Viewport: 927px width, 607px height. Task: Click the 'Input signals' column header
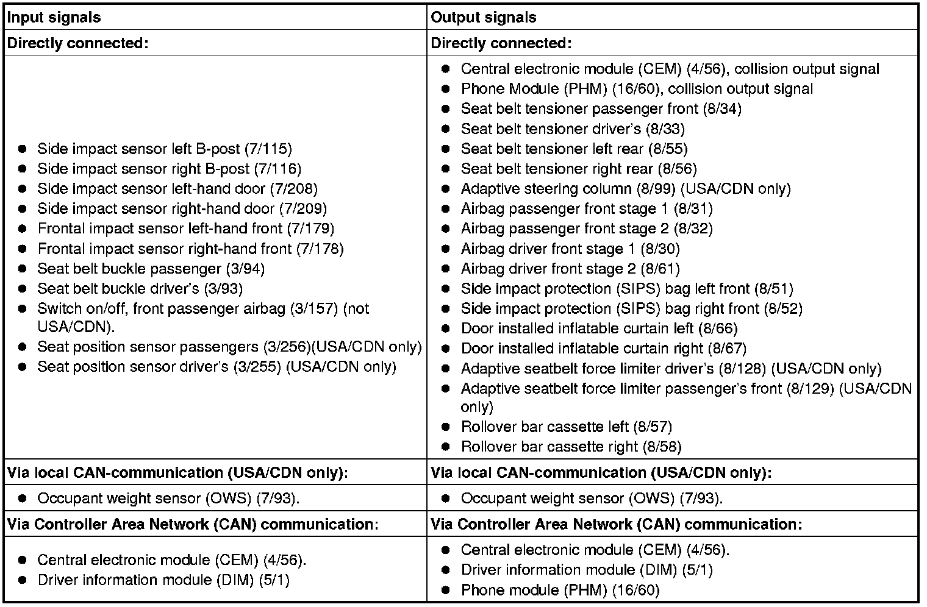click(x=54, y=17)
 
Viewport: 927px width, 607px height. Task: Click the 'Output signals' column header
click(x=484, y=17)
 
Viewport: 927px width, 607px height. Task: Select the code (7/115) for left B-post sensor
click(x=268, y=149)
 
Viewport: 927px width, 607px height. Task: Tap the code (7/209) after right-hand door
click(x=303, y=209)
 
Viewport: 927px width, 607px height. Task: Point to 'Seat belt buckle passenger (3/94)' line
click(x=151, y=269)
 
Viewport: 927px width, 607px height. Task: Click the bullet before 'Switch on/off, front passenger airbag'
click(x=23, y=308)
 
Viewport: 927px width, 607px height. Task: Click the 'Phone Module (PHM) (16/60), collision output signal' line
click(x=637, y=89)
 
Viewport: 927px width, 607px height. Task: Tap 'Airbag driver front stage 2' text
click(x=548, y=269)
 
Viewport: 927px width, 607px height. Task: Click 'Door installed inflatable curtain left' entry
click(x=578, y=328)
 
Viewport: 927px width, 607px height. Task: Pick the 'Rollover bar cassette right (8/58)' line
click(x=571, y=447)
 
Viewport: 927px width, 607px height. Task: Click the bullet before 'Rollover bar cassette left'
click(x=445, y=427)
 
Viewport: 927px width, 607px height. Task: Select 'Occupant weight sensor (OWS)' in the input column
click(x=145, y=499)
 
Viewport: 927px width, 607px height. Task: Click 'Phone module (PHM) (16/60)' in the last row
click(x=560, y=590)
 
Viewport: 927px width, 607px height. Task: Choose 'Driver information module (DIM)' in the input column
click(x=146, y=580)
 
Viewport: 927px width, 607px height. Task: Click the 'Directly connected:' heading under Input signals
click(x=78, y=43)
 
